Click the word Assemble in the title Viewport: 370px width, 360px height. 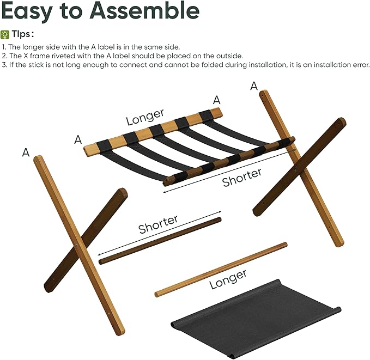[x=144, y=10]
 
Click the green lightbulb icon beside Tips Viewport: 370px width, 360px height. [x=5, y=34]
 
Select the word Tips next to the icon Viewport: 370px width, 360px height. [x=23, y=34]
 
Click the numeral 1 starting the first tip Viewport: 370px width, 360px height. [x=3, y=47]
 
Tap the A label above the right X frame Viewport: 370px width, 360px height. [x=254, y=86]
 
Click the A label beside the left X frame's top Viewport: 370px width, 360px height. [x=26, y=152]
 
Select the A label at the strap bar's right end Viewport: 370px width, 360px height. [x=216, y=100]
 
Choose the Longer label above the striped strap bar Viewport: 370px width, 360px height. [x=145, y=117]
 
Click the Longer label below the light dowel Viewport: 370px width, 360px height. [x=228, y=279]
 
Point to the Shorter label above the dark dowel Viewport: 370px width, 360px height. [x=158, y=224]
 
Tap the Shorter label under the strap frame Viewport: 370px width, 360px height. [x=242, y=178]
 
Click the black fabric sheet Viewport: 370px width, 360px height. [x=256, y=319]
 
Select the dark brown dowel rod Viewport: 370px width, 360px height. [x=160, y=241]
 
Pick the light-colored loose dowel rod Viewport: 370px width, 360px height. [x=221, y=270]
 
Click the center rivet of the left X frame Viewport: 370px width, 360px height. [x=78, y=245]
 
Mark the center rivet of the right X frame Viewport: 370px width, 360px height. [x=296, y=169]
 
